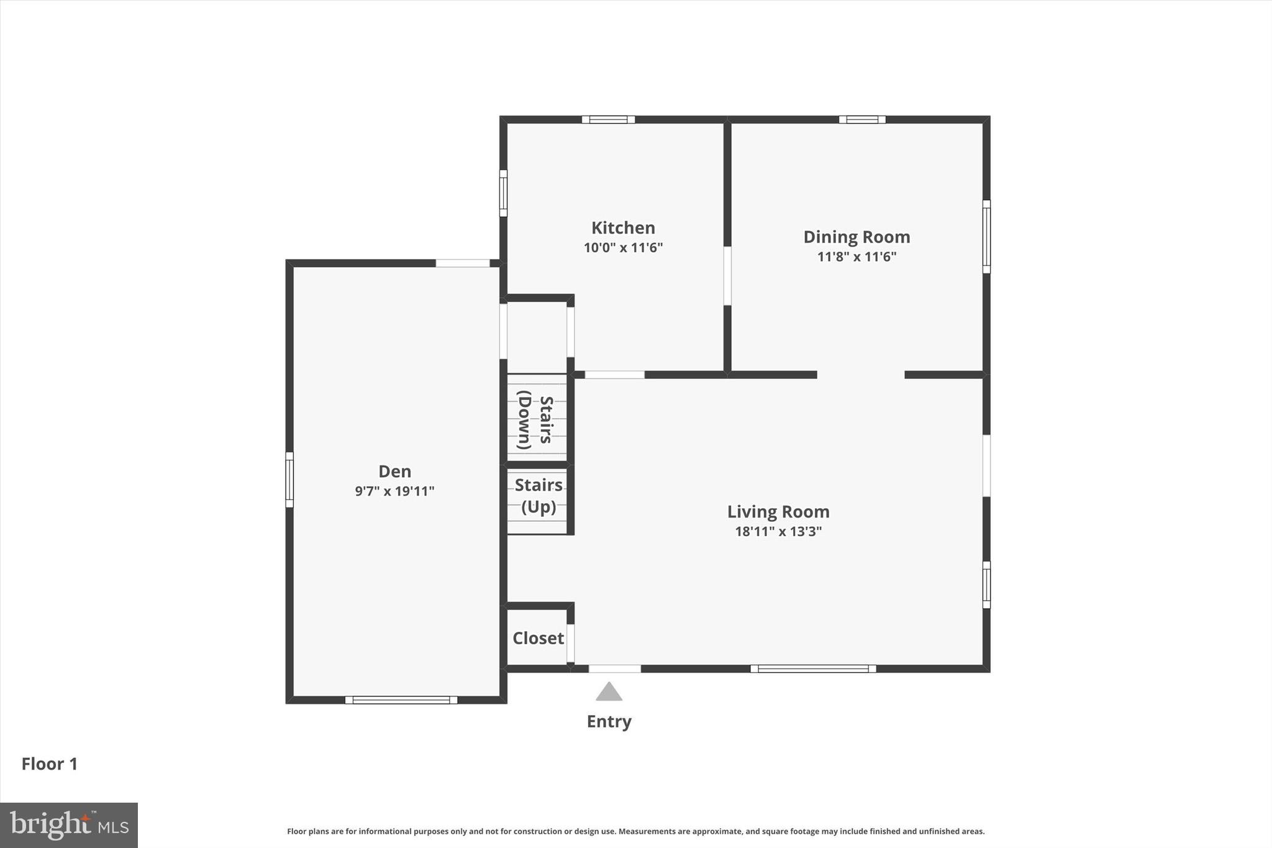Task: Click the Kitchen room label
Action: pyautogui.click(x=623, y=228)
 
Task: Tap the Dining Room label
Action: pyautogui.click(x=856, y=237)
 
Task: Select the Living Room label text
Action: pyautogui.click(x=778, y=512)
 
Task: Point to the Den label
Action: pyautogui.click(x=395, y=472)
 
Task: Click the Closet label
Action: pyautogui.click(x=538, y=638)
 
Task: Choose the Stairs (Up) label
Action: pyautogui.click(x=538, y=496)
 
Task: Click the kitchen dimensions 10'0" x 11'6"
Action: pyautogui.click(x=623, y=248)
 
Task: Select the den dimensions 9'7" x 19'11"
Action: pyautogui.click(x=394, y=491)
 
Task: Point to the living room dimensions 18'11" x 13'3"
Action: pyautogui.click(x=778, y=531)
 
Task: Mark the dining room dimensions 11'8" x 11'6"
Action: pyautogui.click(x=856, y=257)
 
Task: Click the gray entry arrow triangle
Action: pyautogui.click(x=609, y=692)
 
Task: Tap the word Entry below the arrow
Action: pyautogui.click(x=609, y=721)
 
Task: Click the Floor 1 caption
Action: pyautogui.click(x=50, y=764)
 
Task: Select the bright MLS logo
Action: pyautogui.click(x=69, y=825)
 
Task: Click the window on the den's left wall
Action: pyautogui.click(x=289, y=480)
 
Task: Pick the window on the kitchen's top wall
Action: pyautogui.click(x=608, y=119)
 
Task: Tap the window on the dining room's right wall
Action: pyautogui.click(x=986, y=236)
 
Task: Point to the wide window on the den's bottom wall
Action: pyautogui.click(x=401, y=700)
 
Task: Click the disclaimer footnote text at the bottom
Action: pyautogui.click(x=635, y=831)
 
